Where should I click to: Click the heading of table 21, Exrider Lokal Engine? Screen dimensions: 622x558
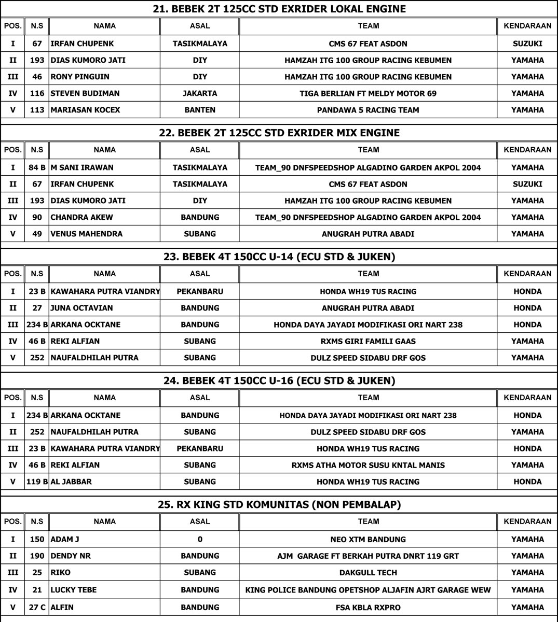pos(279,9)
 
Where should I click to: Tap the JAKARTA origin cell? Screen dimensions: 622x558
pos(200,93)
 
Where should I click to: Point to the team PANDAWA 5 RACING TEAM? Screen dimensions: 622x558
pos(368,110)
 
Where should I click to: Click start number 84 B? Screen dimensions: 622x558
pos(37,167)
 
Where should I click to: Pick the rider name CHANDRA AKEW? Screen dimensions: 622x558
pos(81,217)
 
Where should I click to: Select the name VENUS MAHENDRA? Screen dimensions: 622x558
pos(86,234)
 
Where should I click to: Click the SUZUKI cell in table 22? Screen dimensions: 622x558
pos(527,184)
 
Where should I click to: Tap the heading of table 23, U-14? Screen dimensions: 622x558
pos(279,257)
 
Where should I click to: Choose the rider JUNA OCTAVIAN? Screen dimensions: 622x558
pos(81,308)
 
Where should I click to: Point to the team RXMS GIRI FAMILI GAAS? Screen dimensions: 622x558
pos(368,341)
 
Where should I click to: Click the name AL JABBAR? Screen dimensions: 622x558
pos(71,482)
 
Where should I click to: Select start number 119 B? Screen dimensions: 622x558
pos(37,482)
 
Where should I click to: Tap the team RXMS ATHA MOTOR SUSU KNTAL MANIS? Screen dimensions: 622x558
pos(368,465)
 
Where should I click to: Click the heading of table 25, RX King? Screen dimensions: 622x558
pos(279,504)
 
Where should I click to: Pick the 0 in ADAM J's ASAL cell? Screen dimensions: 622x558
pos(200,539)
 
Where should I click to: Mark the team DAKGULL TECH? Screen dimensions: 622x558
pos(368,572)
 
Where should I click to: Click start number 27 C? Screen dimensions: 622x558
pos(37,607)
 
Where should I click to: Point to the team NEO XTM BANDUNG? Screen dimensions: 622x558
pos(368,539)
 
